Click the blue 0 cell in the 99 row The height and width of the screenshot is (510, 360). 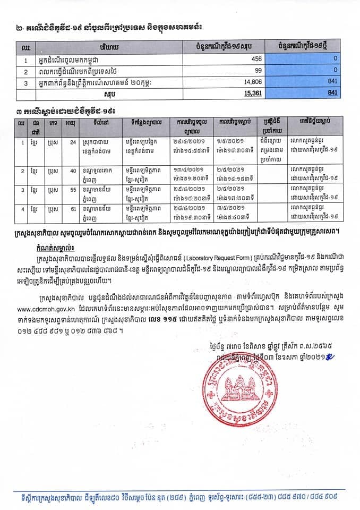click(336, 71)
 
